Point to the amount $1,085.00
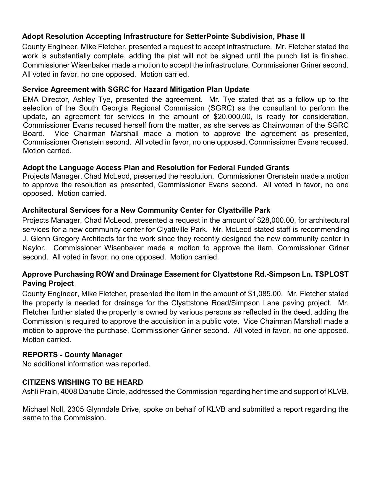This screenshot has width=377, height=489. pos(265,294)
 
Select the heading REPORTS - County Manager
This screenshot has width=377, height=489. pos(72,355)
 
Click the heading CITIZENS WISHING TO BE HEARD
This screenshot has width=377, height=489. pos(82,382)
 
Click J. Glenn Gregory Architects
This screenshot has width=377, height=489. pos(68,239)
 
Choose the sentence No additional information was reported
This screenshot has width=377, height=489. pos(86,364)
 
